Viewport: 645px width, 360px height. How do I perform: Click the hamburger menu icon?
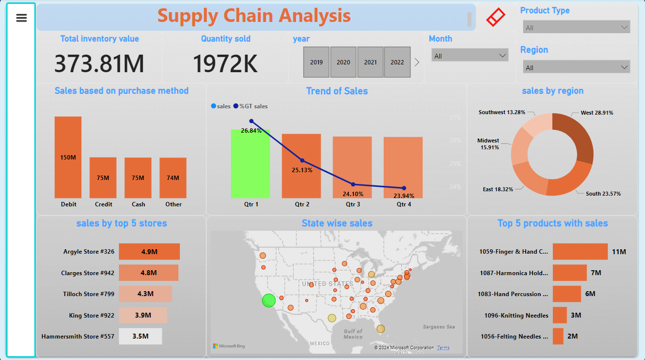pos(21,18)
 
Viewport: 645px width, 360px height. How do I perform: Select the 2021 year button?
pos(371,62)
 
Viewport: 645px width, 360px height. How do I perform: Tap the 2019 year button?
pos(316,62)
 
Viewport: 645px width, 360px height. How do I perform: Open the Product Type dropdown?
pos(576,27)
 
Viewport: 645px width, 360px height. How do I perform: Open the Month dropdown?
pos(469,56)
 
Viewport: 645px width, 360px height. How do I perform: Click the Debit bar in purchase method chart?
pos(68,157)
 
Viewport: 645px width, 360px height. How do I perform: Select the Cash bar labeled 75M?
pos(138,178)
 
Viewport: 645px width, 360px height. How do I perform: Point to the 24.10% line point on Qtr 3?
pos(353,184)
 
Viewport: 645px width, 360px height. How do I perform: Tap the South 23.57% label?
pos(603,194)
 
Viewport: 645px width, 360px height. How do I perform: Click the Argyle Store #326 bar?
pos(149,252)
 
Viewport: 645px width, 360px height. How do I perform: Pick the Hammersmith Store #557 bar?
pos(140,337)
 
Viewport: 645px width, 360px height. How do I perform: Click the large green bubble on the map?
pos(269,300)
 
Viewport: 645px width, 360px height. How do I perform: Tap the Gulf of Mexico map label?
pos(353,334)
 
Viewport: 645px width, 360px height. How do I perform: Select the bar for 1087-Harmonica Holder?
pos(569,273)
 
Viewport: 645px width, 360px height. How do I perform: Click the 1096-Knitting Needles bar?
pos(560,315)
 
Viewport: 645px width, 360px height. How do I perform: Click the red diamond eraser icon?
pos(496,18)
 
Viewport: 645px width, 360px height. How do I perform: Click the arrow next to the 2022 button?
pos(417,62)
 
